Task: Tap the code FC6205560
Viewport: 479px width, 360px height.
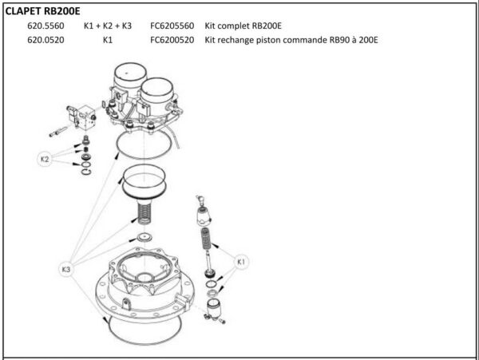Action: tap(172, 26)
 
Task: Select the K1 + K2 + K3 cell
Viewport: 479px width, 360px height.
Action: tap(107, 26)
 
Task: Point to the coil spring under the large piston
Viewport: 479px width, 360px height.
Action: tap(145, 214)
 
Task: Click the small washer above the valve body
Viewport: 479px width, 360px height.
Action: tap(144, 238)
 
